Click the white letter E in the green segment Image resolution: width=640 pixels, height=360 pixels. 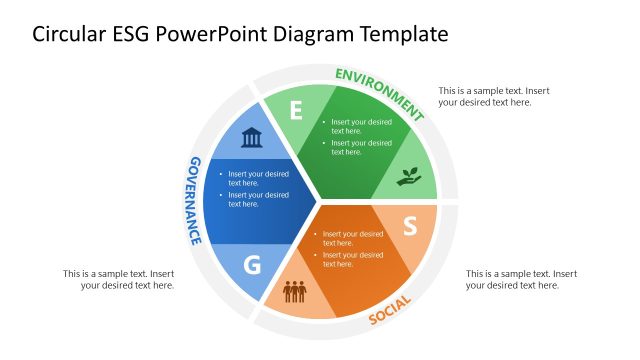tap(295, 110)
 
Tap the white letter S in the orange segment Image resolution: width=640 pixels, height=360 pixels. tap(409, 227)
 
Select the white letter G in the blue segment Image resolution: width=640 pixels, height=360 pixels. tap(252, 265)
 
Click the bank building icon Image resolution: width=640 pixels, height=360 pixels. tap(252, 137)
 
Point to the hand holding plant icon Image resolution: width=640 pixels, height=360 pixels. tap(409, 177)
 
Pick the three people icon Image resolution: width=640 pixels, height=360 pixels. tap(294, 292)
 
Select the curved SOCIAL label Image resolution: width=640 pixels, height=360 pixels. tap(390, 311)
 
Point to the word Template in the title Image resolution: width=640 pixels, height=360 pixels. tap(397, 34)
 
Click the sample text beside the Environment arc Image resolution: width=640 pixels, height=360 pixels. tap(493, 96)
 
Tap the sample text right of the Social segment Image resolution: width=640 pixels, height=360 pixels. tap(521, 279)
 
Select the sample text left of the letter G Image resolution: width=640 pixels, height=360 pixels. tap(119, 279)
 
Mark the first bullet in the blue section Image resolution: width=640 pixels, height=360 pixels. tap(258, 178)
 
